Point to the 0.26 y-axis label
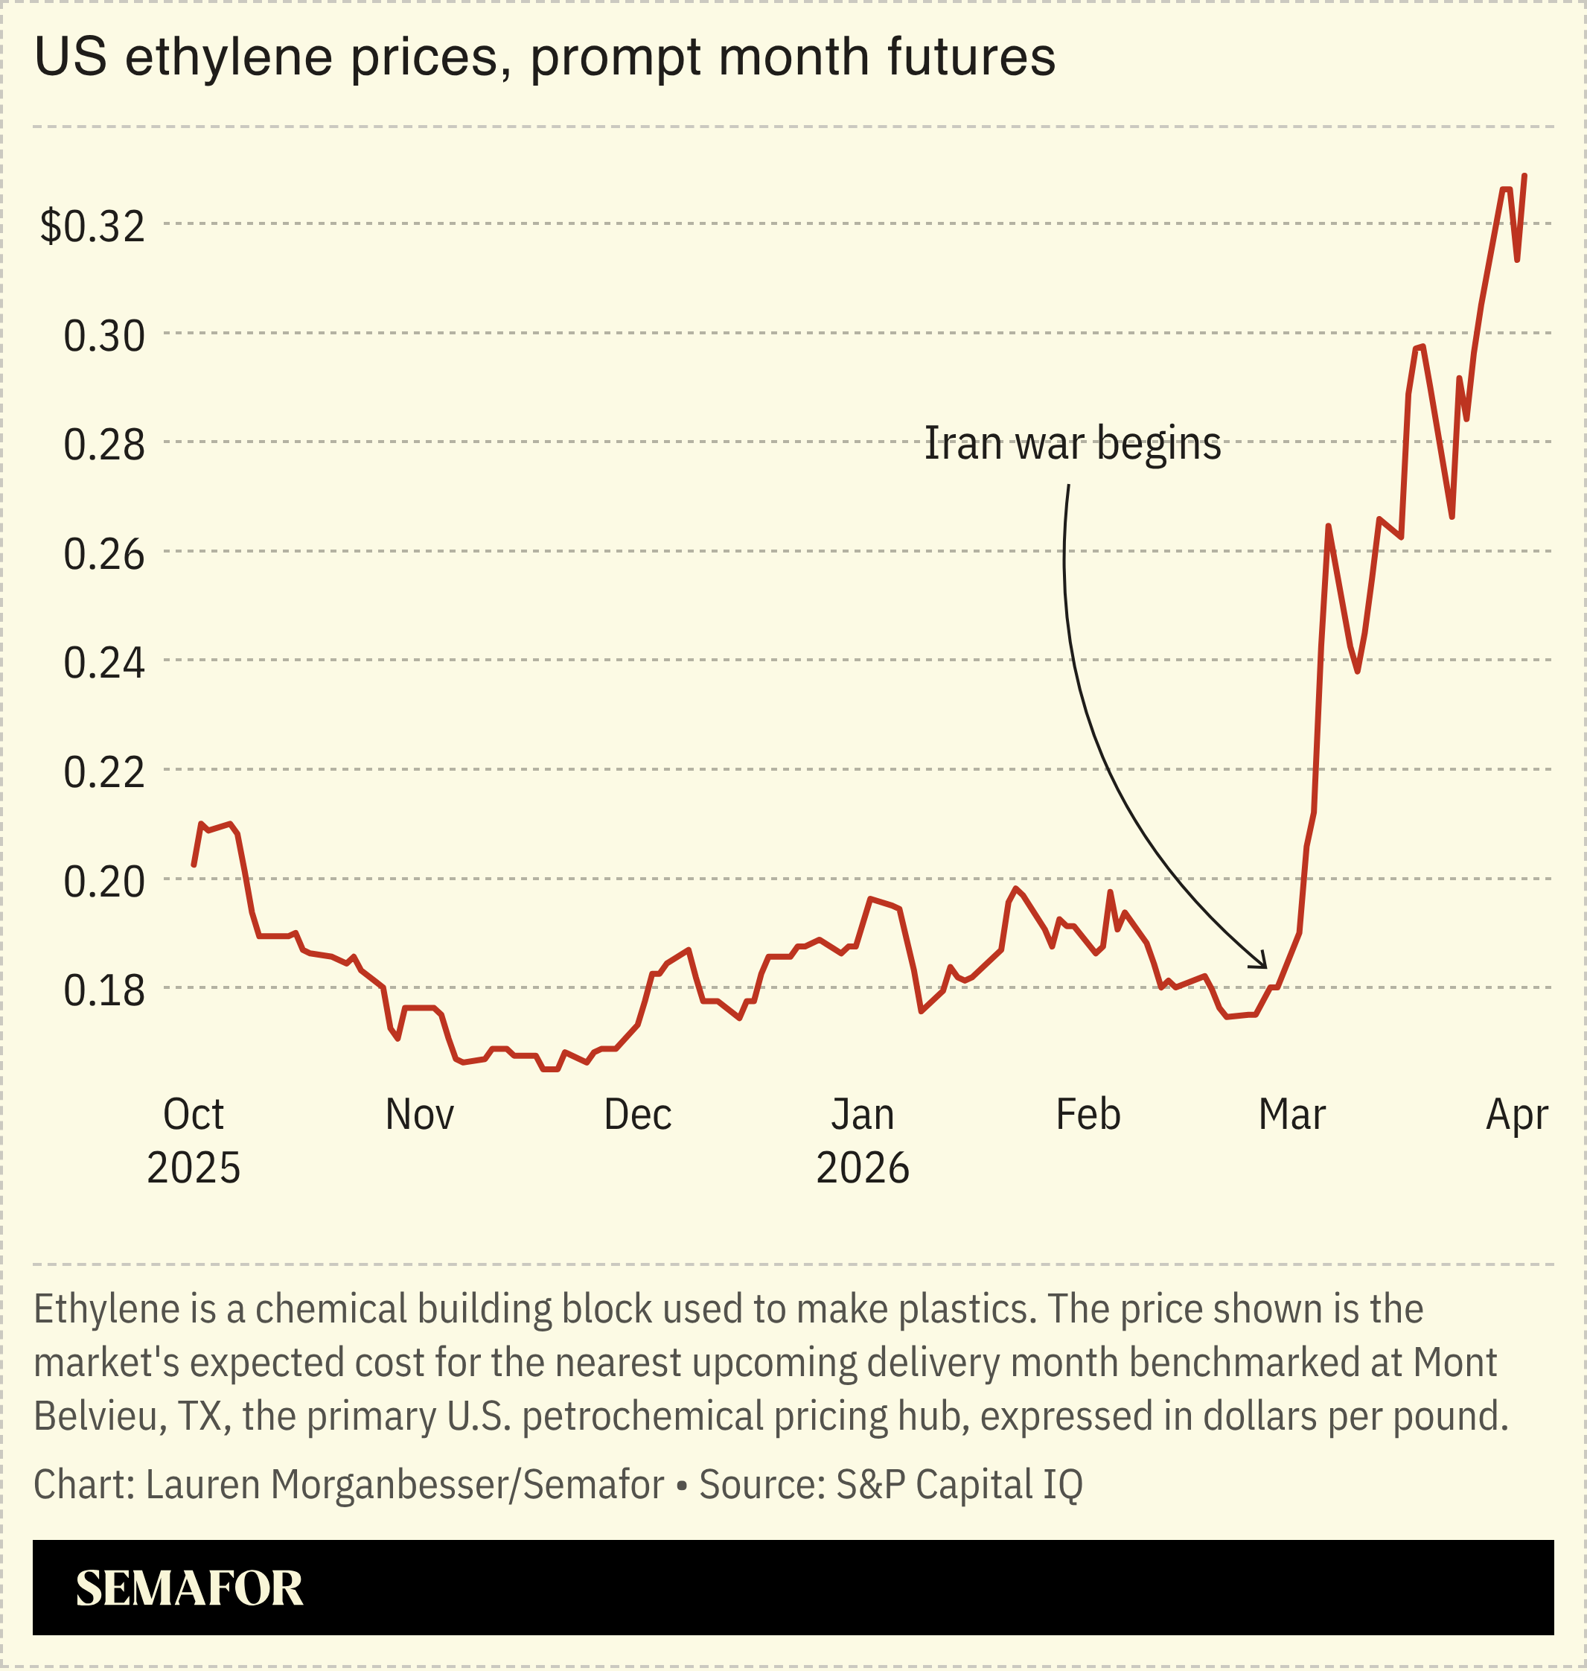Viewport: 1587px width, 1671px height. tap(104, 554)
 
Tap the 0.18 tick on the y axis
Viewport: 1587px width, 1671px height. tap(104, 990)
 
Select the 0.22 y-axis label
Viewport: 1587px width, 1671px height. tap(104, 772)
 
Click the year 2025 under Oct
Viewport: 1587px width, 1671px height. tap(194, 1168)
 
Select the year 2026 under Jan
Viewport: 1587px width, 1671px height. tap(862, 1168)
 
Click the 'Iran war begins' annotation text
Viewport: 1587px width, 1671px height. tap(1072, 442)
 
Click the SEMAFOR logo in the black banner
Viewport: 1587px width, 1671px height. tap(190, 1588)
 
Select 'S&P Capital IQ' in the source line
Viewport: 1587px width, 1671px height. tap(959, 1484)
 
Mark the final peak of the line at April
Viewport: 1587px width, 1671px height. tap(1524, 176)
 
